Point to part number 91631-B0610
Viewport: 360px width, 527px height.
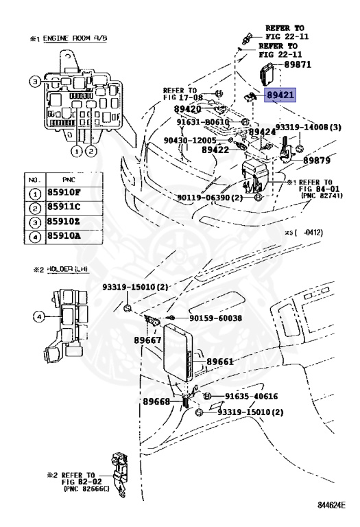[202, 122]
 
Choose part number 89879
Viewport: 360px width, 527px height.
[317, 159]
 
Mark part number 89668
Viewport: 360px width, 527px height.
[157, 401]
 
